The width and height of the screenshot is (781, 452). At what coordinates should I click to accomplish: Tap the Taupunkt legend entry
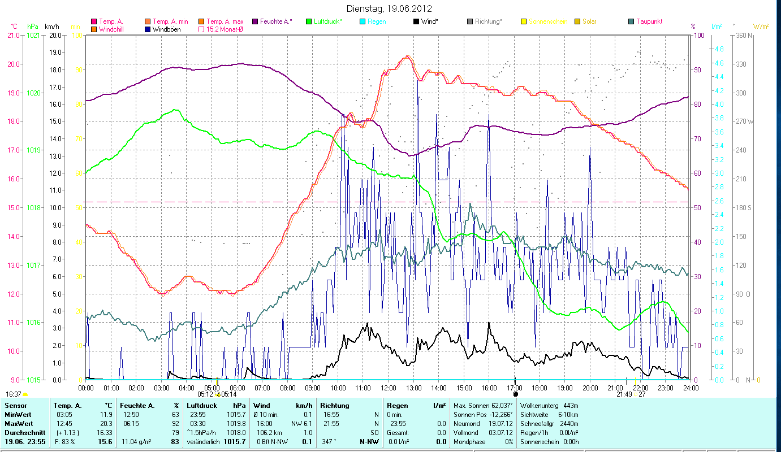649,21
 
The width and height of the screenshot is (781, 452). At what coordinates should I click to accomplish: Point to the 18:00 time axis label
540,388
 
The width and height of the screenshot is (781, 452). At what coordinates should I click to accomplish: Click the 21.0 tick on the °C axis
13,35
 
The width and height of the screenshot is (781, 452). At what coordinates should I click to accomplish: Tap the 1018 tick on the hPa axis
33,207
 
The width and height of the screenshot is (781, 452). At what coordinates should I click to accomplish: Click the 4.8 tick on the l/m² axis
719,49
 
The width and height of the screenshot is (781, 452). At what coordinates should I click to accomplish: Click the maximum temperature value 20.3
106,424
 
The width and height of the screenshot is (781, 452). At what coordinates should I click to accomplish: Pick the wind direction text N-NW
369,441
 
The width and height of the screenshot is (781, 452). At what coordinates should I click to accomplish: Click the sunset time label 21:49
624,394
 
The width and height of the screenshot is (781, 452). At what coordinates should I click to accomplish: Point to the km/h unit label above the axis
51,27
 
